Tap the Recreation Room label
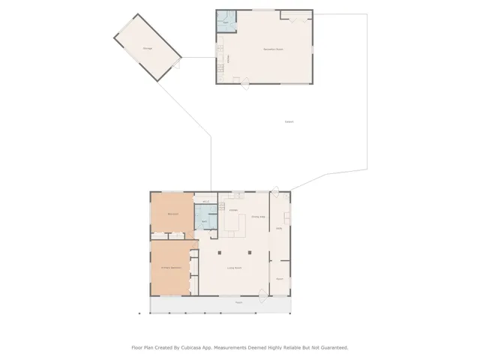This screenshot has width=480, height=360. pos(273,49)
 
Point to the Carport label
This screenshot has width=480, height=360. pos(289,121)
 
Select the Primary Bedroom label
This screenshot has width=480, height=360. pos(171,267)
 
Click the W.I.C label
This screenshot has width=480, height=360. pos(205,202)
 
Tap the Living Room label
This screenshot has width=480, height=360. pos(234,268)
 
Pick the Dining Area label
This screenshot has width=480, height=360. pos(257,217)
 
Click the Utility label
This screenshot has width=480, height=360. pos(279,228)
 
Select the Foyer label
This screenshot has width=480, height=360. pos(279,278)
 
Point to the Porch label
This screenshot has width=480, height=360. pos(238,303)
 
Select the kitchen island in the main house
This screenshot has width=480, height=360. pos(234,224)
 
